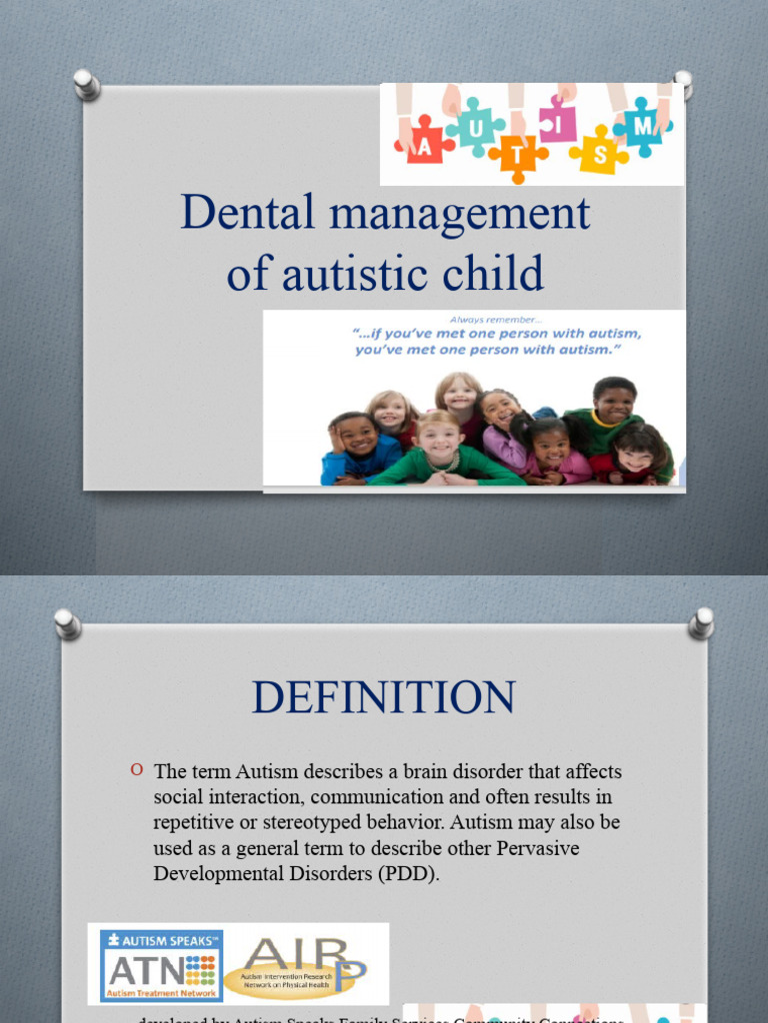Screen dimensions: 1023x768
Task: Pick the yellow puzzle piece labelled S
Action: click(x=598, y=151)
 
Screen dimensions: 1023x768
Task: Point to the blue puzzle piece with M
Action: click(x=641, y=126)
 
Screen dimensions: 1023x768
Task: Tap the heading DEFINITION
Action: click(x=384, y=696)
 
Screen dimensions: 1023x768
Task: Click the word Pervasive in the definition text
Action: click(x=531, y=847)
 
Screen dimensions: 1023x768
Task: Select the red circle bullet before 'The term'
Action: click(x=137, y=769)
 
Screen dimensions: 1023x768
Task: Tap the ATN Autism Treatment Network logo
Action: click(x=156, y=964)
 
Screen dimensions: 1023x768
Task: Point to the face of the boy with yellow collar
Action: click(x=613, y=403)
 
